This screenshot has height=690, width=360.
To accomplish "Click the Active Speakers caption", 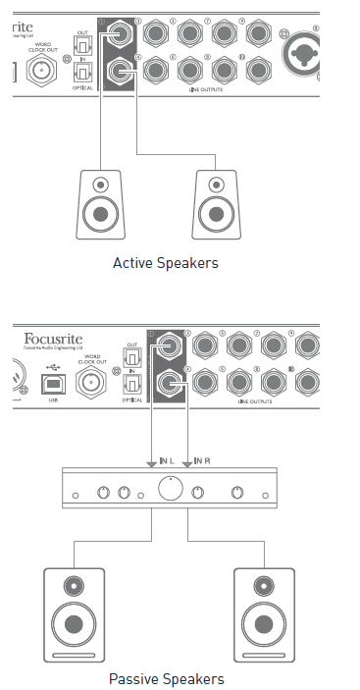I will tap(165, 263).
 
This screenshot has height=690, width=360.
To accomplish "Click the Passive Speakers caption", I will tap(166, 678).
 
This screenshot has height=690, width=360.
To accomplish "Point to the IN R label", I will tap(204, 459).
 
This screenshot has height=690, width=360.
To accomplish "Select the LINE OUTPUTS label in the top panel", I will tap(210, 88).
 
